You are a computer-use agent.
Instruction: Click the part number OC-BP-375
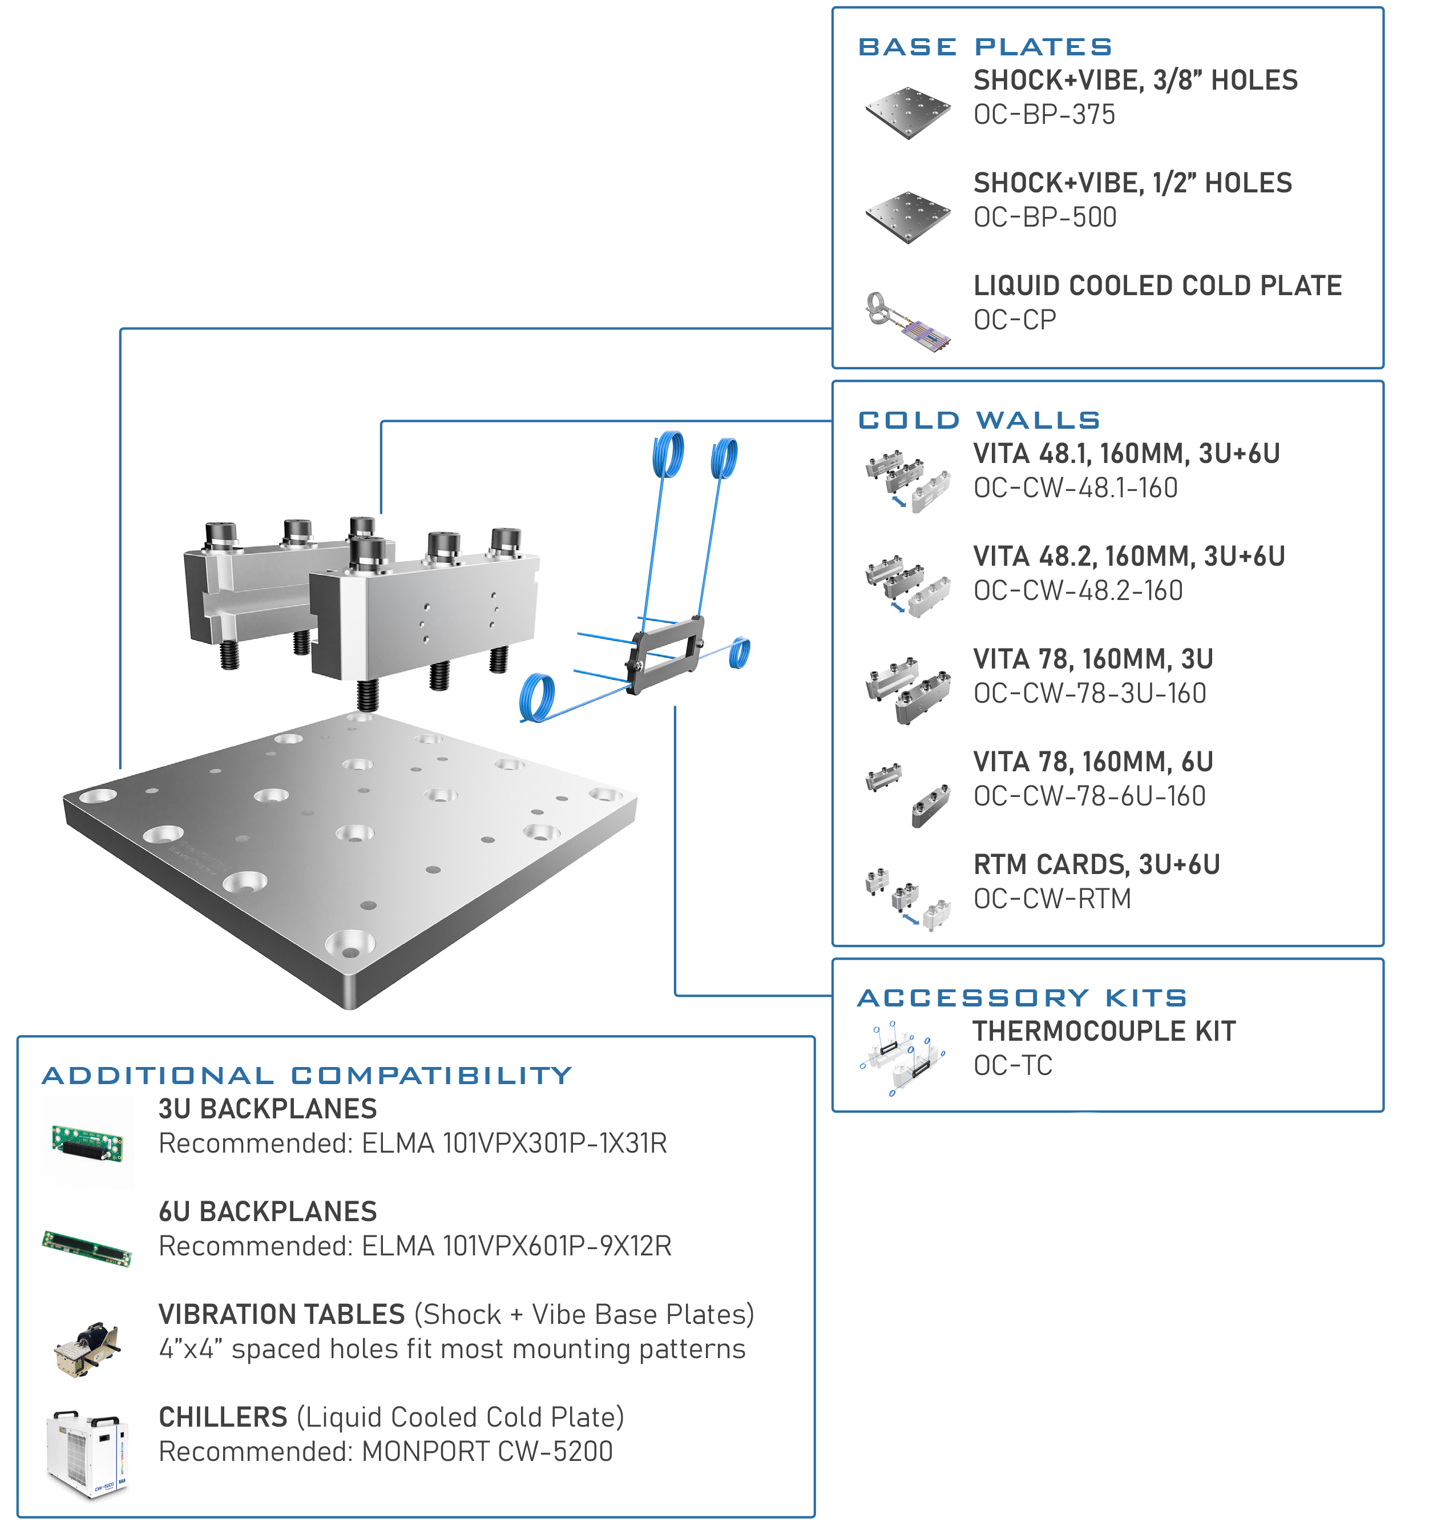coord(1044,115)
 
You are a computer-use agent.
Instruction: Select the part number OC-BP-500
coord(1044,218)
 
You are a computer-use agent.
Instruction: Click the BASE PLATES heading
coord(984,47)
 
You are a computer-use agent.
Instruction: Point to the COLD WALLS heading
coord(979,421)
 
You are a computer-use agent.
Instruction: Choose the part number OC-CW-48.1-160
coord(1075,488)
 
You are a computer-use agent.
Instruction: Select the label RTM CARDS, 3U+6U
coord(1096,865)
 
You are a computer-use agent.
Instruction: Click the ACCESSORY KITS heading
coord(1022,998)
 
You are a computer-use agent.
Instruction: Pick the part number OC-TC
coord(1012,1066)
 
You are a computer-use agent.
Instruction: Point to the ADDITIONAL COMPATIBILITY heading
coord(307,1076)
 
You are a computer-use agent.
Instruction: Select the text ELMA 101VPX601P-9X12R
coord(516,1247)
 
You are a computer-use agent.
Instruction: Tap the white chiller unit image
coord(85,1453)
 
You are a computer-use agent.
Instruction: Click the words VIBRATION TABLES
coord(281,1315)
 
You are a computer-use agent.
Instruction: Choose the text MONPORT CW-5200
coord(487,1452)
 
